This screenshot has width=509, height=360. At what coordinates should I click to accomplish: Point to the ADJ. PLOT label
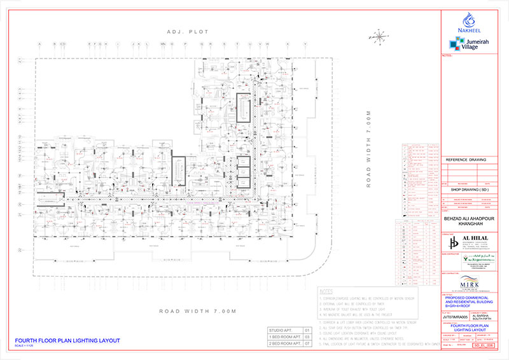[x=183, y=31]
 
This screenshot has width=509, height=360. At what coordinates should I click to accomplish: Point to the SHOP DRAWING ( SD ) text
[x=468, y=189]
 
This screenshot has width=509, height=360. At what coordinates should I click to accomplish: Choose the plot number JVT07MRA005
[x=453, y=315]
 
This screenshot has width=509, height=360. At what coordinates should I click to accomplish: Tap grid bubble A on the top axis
[x=39, y=45]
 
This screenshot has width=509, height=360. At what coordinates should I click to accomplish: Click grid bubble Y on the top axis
[x=305, y=45]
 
